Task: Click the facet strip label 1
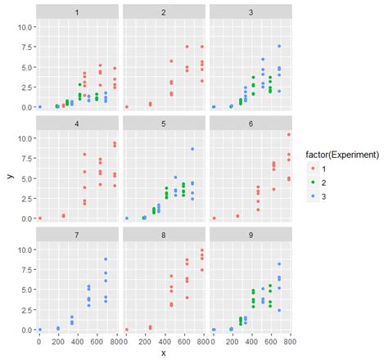[78, 12]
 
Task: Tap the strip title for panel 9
[250, 236]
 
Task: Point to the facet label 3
[250, 12]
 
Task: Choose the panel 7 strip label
[78, 236]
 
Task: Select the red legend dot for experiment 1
[312, 169]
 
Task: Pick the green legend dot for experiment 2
[312, 182]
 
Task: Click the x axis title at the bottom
[164, 353]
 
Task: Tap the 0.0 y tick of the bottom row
[25, 330]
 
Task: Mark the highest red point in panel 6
[287, 135]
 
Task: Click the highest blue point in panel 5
[192, 149]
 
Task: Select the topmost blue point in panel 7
[106, 259]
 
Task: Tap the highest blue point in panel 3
[278, 46]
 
